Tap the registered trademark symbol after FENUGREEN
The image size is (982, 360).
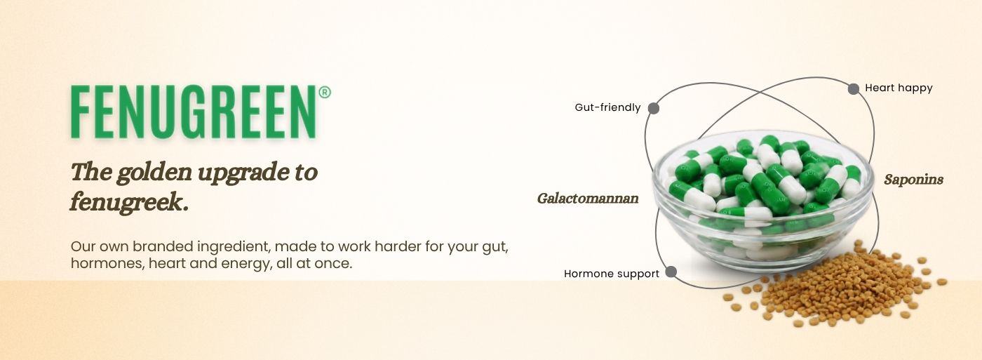[x=324, y=93]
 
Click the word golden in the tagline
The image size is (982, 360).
[x=154, y=172]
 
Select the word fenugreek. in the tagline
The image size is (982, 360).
[x=129, y=203]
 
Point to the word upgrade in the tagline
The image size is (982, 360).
[x=241, y=173]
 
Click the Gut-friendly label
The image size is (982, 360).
[x=607, y=107]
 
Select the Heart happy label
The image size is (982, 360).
[x=899, y=88]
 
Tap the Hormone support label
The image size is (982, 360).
[x=612, y=274]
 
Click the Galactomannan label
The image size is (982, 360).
[x=588, y=199]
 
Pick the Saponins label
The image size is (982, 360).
[x=913, y=180]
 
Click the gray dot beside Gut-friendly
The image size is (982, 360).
[x=654, y=108]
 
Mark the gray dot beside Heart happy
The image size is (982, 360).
[x=854, y=89]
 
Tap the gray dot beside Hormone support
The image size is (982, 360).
[x=671, y=272]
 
